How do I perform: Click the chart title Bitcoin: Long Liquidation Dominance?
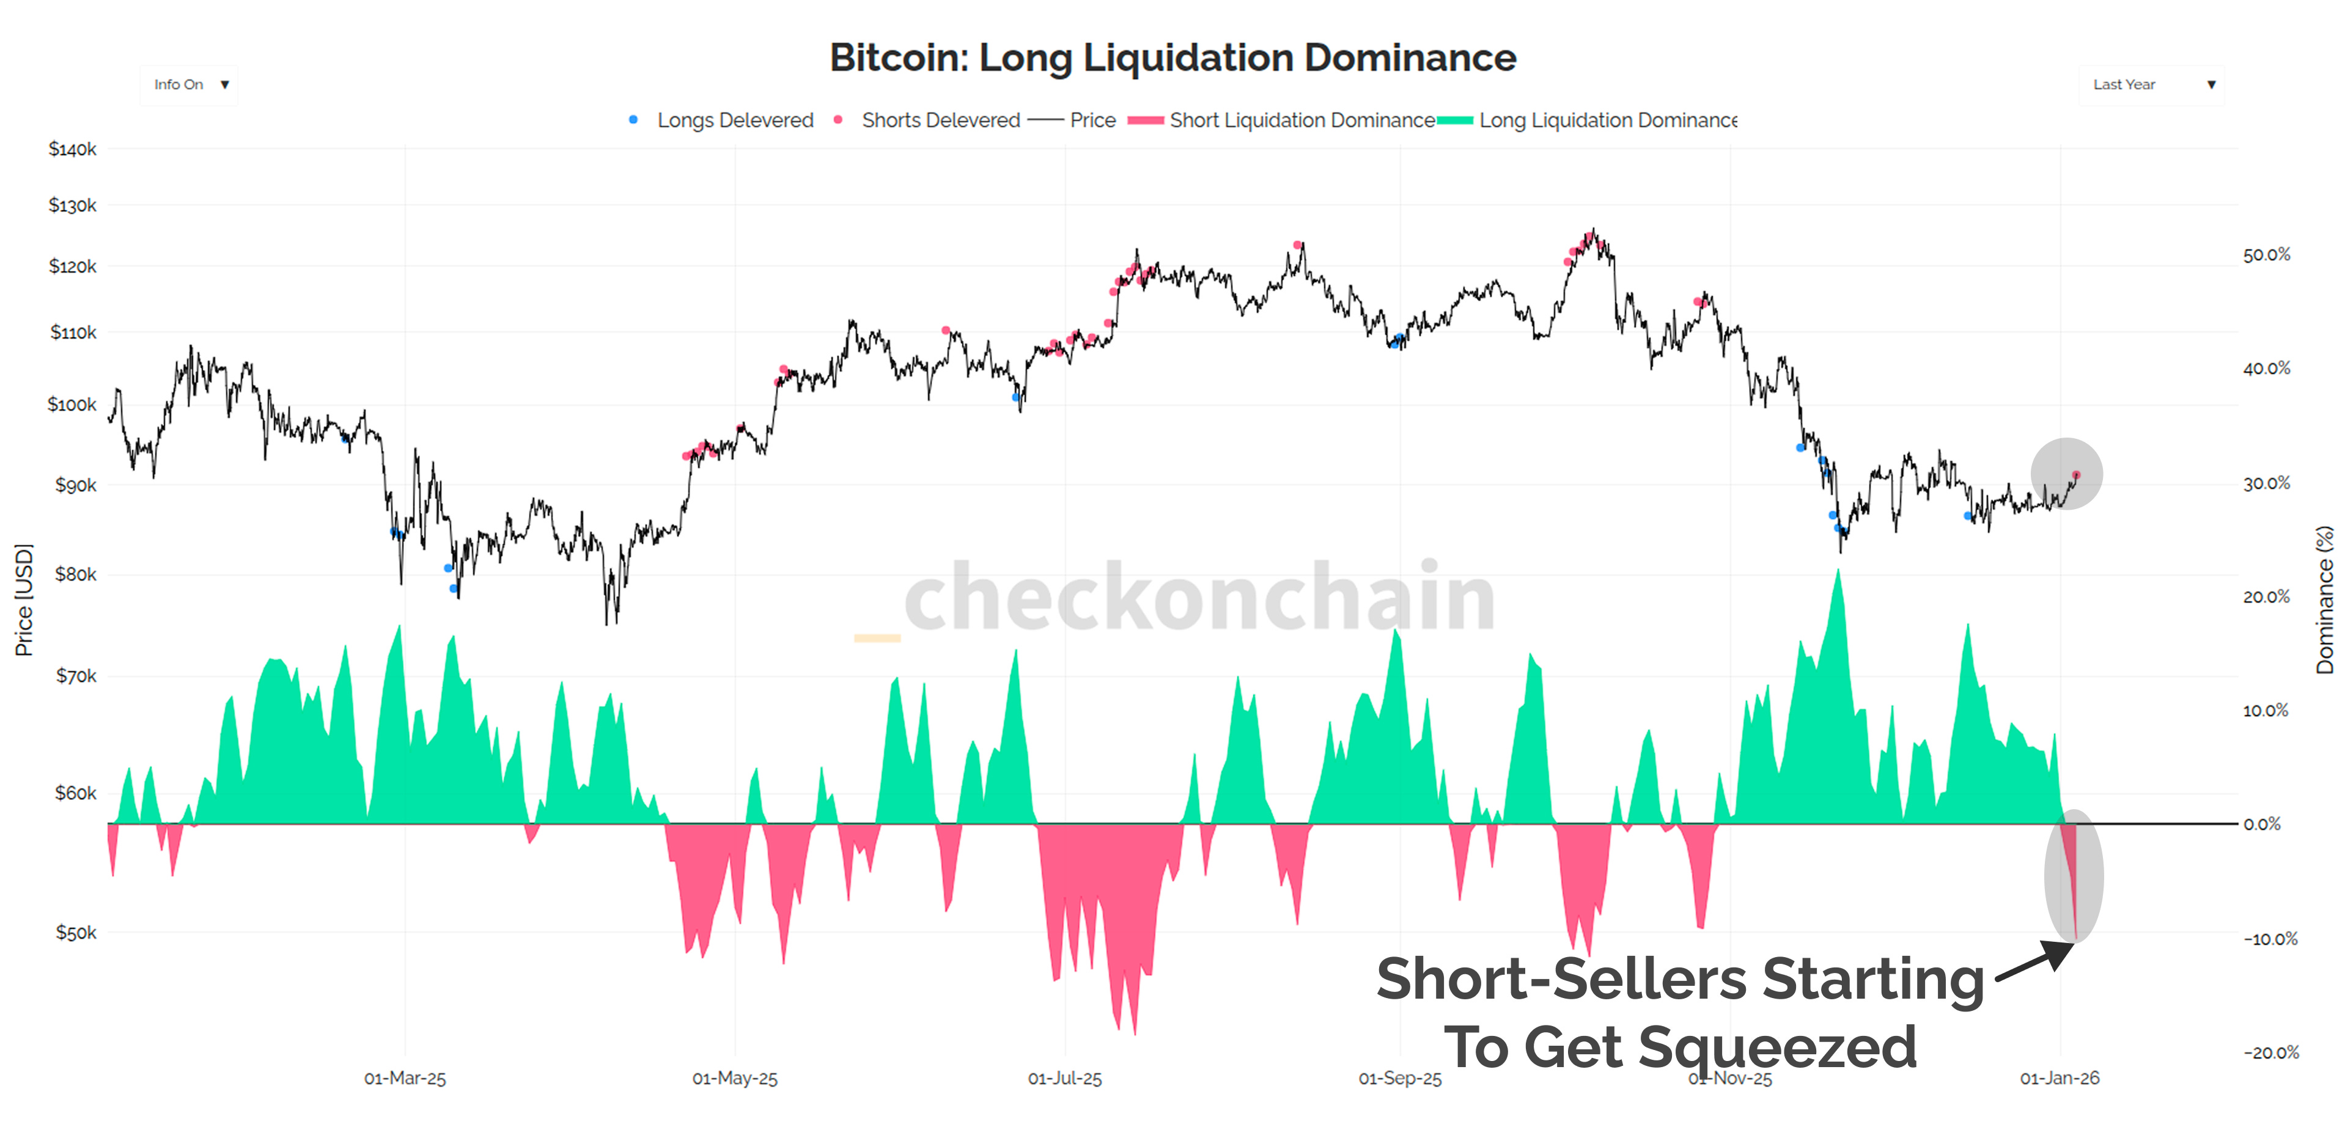point(1172,57)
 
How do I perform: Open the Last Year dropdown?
point(2151,85)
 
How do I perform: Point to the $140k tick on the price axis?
point(73,149)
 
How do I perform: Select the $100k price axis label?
point(72,404)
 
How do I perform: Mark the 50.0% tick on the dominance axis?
point(2266,255)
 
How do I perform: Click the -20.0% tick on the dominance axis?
point(2270,1052)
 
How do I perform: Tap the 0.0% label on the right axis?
point(2261,824)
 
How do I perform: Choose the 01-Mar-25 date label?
point(405,1078)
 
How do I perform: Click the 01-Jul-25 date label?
point(1064,1078)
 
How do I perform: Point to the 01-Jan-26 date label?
point(2059,1078)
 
